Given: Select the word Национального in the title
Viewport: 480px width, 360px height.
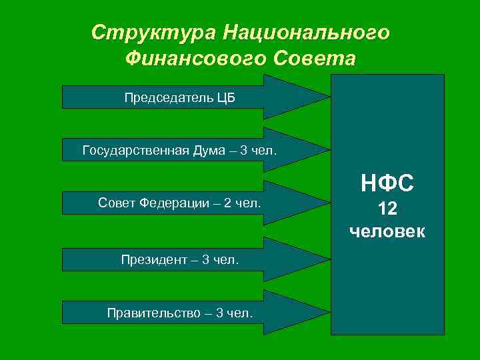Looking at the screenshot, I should click(x=306, y=32).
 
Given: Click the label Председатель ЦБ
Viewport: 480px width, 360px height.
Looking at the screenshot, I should click(x=179, y=98).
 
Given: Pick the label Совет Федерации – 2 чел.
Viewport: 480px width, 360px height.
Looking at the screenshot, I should click(x=179, y=202).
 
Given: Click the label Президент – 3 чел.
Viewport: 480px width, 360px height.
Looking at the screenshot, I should click(x=179, y=259).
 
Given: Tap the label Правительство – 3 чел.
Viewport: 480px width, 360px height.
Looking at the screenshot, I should click(x=179, y=312).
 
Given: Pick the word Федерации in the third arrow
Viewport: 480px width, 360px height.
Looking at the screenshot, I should click(x=169, y=202).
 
